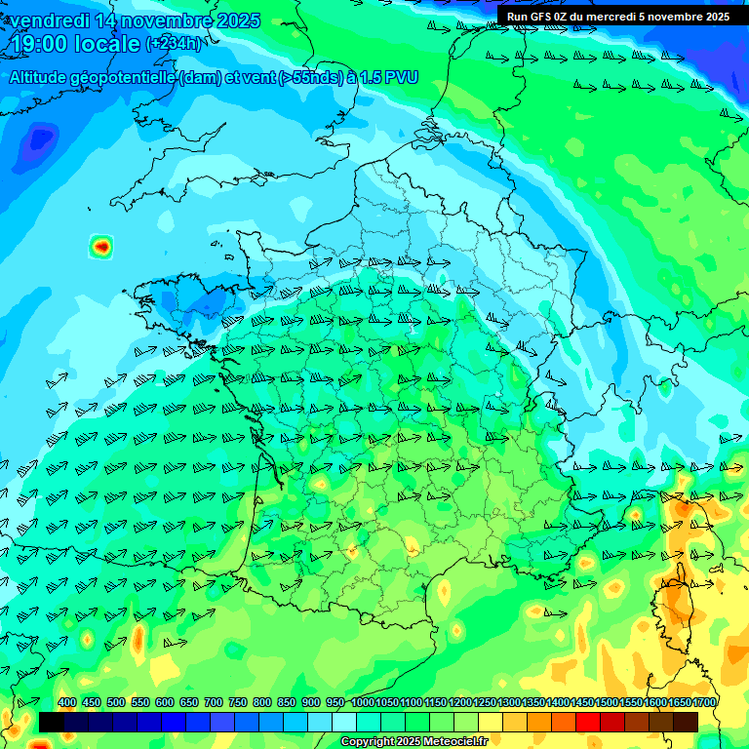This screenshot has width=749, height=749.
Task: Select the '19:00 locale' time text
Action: (74, 45)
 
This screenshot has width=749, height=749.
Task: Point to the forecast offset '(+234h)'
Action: (175, 44)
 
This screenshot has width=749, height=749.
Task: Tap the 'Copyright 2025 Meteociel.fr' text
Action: (414, 742)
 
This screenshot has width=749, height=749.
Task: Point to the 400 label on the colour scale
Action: (67, 703)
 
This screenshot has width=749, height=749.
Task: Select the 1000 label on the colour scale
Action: (362, 703)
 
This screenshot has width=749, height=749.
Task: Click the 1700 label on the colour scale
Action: (703, 703)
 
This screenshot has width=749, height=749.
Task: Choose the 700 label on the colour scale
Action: (214, 703)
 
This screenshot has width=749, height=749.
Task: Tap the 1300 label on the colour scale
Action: (508, 703)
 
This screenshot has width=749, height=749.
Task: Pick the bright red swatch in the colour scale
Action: (588, 722)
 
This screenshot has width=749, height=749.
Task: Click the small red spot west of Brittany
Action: (100, 247)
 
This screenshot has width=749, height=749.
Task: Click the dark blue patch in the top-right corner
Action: (727, 59)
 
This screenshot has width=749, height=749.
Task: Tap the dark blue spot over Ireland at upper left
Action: (40, 139)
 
